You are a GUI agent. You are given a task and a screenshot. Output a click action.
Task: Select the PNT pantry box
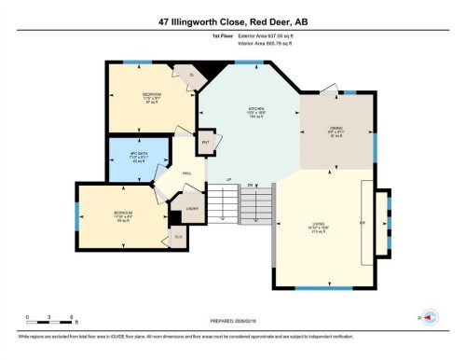[205, 144]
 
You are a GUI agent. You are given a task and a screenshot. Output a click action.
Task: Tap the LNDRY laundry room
[193, 209]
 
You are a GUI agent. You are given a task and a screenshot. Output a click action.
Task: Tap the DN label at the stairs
[251, 185]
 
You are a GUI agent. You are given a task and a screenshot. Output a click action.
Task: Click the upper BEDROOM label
[151, 94]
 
